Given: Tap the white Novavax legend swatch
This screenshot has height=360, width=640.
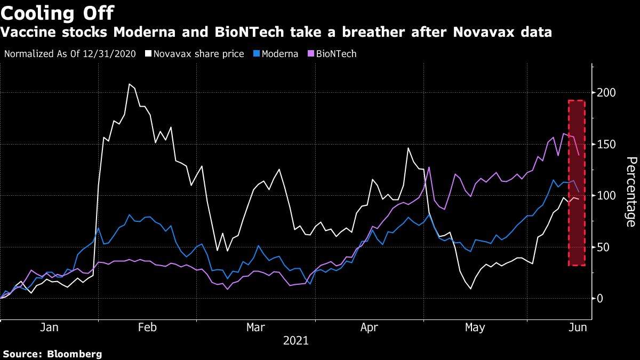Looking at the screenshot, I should click(x=148, y=54).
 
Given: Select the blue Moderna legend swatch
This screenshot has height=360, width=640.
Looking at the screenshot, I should click(x=257, y=54).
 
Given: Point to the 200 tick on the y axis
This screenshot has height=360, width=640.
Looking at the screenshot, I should click(x=607, y=93).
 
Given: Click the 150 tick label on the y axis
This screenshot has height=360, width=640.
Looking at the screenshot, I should click(x=607, y=145).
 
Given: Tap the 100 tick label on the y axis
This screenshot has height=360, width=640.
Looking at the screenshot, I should click(x=607, y=196).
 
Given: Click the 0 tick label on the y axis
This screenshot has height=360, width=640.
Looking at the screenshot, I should click(x=601, y=299).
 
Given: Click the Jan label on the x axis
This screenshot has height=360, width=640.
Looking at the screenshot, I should click(x=50, y=327).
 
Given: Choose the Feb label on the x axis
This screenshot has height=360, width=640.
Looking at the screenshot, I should click(x=147, y=327).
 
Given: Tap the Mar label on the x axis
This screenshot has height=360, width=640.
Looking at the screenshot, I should click(x=255, y=327).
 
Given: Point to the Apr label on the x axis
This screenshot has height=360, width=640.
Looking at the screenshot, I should click(x=369, y=327).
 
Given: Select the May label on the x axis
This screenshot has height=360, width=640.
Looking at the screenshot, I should click(x=475, y=327).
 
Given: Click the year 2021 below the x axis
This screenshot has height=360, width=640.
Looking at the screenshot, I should click(x=295, y=340).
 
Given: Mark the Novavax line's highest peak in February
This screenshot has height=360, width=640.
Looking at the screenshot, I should click(x=129, y=84).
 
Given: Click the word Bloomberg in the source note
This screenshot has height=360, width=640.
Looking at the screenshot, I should click(x=75, y=354).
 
